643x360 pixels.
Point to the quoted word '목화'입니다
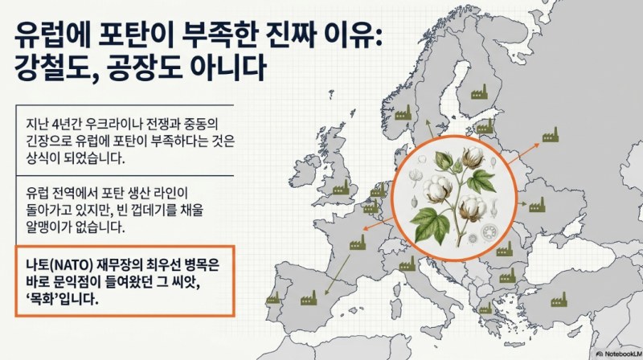click(x=63, y=298)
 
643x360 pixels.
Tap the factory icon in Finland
click(x=478, y=92)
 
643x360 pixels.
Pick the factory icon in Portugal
click(x=272, y=298)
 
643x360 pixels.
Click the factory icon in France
click(x=358, y=243)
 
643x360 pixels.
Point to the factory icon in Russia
click(x=551, y=134)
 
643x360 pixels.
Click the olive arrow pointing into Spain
click(x=338, y=275)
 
